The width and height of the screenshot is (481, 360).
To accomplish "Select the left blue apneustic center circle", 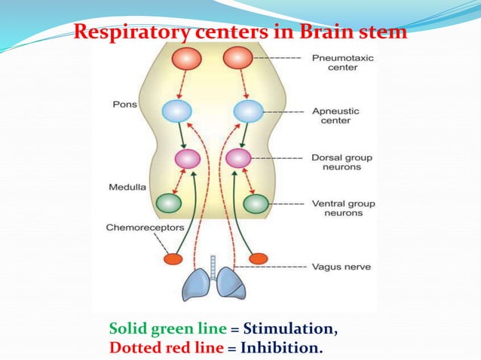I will (177, 112).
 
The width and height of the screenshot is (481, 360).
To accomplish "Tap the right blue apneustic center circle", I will (248, 112).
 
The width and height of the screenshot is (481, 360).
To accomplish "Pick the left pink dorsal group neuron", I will (188, 159).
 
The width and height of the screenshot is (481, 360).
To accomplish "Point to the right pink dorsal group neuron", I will (238, 158).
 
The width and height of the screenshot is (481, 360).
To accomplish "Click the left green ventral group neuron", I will (168, 203).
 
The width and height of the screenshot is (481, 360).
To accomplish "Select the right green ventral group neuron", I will (256, 203).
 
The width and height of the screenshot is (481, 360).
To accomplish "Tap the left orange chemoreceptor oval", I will (174, 259).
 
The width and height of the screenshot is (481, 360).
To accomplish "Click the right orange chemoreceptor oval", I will (259, 258).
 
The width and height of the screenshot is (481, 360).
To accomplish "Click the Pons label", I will (126, 104).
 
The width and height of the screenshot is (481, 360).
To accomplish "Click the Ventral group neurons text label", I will (343, 209).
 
